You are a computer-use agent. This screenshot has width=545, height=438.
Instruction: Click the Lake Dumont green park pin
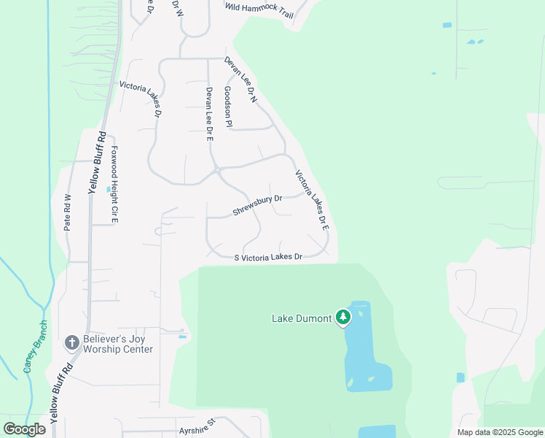point(343,318)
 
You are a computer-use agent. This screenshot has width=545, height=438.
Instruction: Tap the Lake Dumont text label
point(302,318)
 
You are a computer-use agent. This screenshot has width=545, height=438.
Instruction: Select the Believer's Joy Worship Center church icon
point(71,342)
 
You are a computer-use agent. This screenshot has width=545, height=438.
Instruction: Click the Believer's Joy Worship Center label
point(117,344)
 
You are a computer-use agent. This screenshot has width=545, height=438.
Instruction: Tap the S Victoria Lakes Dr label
point(268,257)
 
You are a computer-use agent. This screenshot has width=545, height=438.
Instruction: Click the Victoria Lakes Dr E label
point(313,201)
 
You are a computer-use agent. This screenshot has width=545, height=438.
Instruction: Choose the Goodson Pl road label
point(228,107)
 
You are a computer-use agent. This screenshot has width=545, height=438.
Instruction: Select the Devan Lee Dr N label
point(241,79)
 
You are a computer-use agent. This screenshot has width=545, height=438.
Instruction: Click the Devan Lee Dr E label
point(209,113)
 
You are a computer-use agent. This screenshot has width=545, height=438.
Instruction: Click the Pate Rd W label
point(68,212)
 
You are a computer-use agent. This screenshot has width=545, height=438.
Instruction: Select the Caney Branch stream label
point(35,346)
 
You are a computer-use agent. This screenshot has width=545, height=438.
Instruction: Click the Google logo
point(24,429)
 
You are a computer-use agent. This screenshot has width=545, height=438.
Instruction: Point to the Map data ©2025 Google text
point(500,432)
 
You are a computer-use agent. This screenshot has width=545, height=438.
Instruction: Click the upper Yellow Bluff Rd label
point(98,162)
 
